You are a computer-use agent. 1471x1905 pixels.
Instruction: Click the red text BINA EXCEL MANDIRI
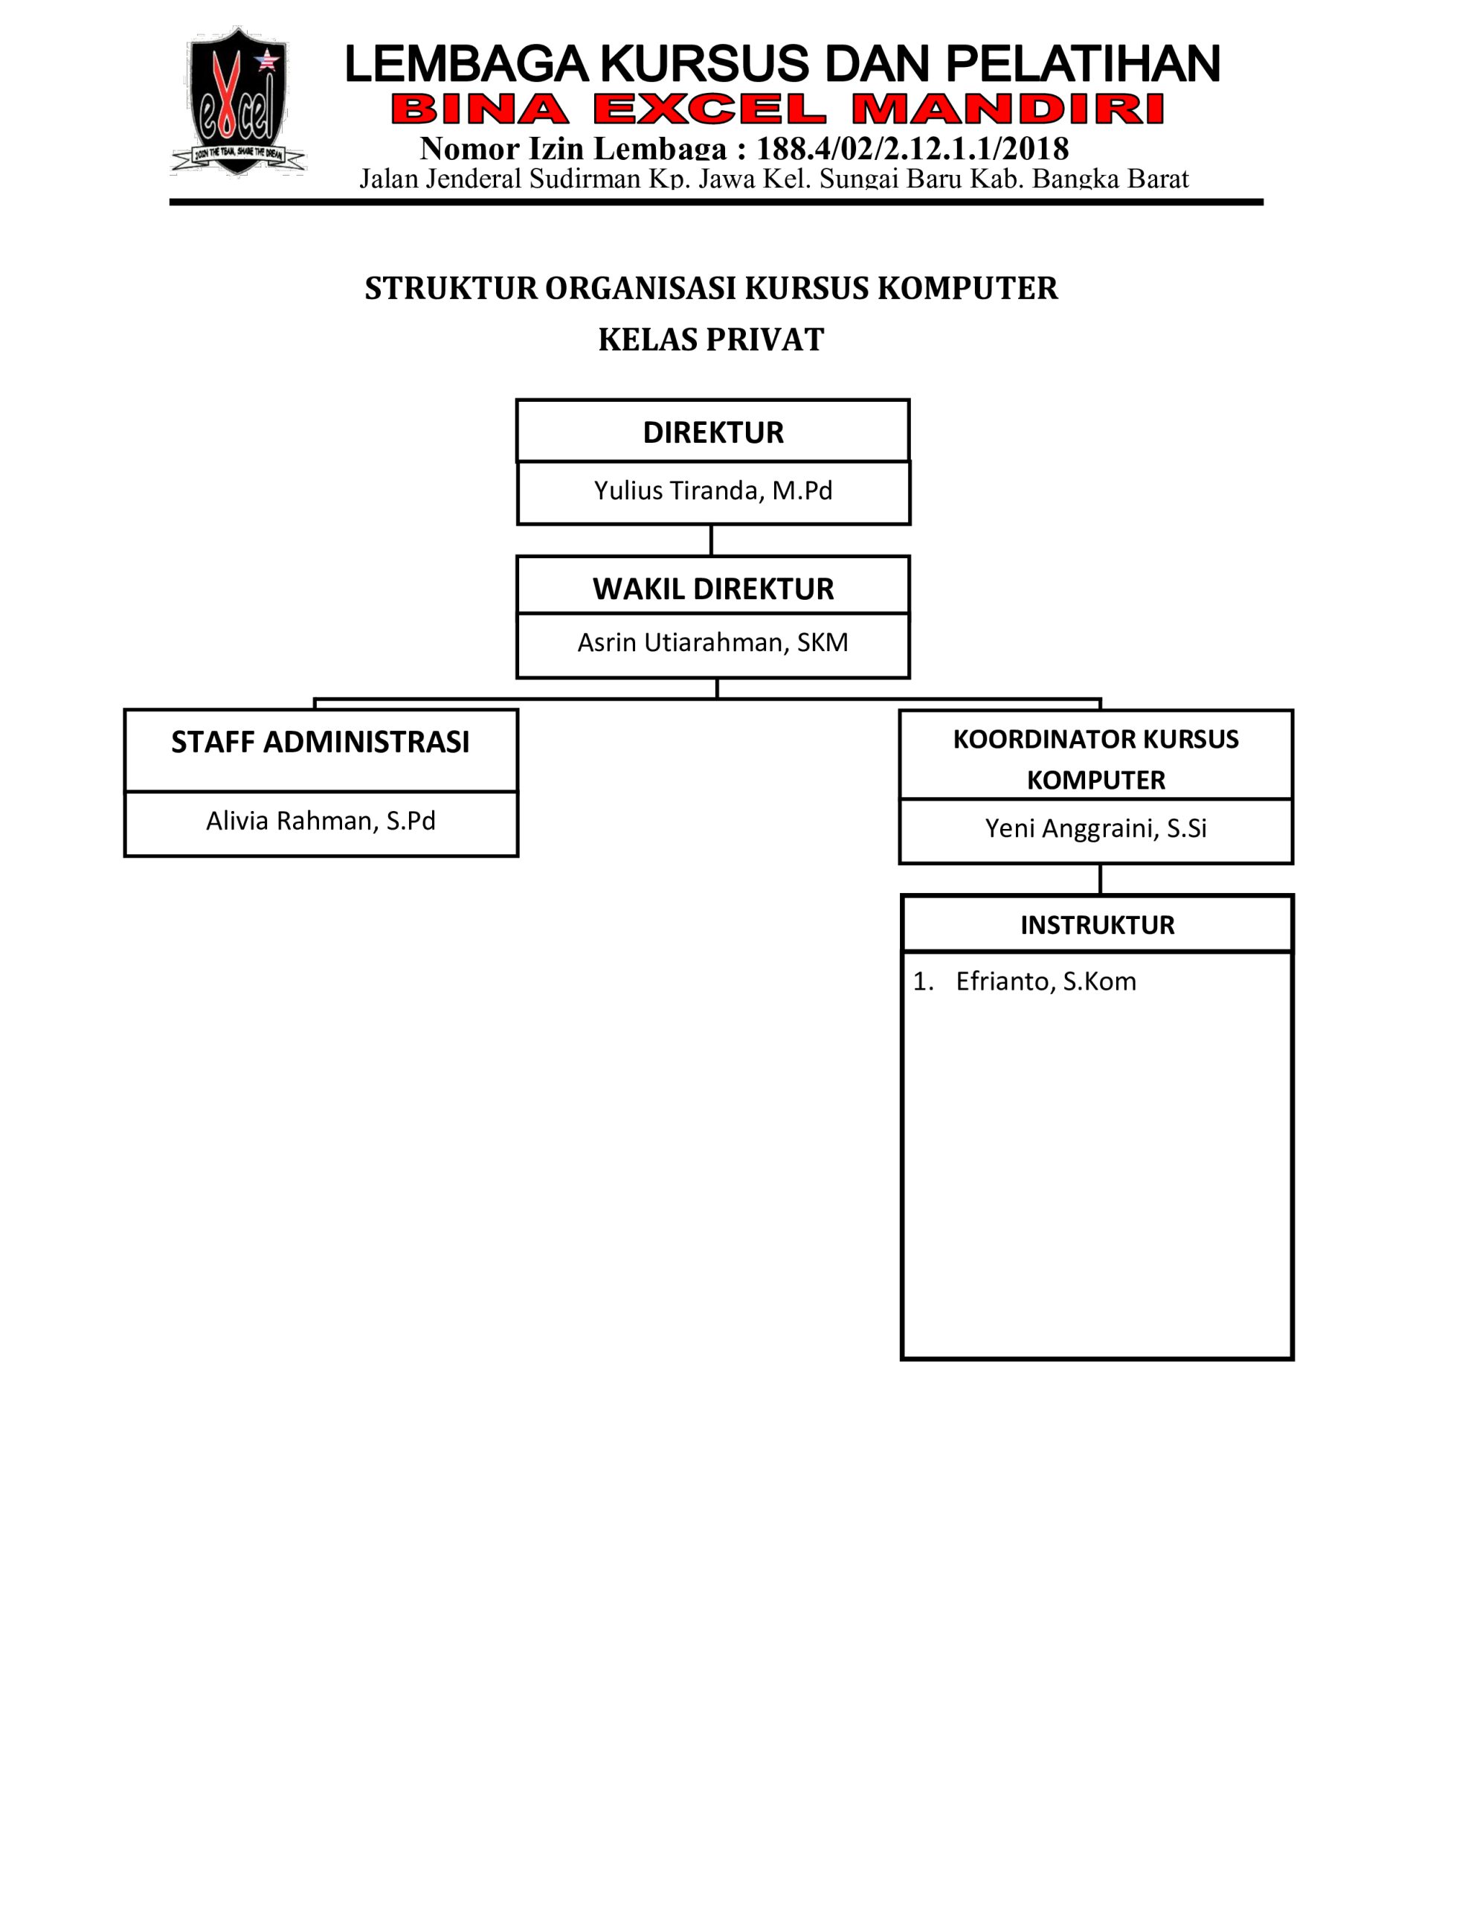pos(778,110)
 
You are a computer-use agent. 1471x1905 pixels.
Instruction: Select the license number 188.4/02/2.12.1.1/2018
pos(912,149)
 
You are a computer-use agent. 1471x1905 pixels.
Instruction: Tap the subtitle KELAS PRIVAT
pos(711,339)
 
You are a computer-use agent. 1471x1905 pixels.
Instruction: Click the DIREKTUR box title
pos(713,432)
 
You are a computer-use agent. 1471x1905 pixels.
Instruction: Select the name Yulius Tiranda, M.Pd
pos(713,491)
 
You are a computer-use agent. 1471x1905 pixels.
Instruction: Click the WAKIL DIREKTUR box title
pos(713,589)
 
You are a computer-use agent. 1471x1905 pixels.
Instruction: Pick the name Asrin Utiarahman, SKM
pos(712,643)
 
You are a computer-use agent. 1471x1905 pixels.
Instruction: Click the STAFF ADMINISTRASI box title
pos(320,743)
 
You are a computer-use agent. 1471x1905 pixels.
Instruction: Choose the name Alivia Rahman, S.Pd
pos(321,821)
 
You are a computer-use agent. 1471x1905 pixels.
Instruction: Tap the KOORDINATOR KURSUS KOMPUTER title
pos(1096,759)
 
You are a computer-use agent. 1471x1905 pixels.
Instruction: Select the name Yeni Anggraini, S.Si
pos(1096,827)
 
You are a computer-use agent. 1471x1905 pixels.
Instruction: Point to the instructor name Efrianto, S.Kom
pos(1046,982)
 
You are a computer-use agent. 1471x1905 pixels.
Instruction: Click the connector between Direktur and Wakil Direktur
pos(712,541)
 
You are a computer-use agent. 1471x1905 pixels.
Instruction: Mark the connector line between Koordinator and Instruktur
pos(1101,880)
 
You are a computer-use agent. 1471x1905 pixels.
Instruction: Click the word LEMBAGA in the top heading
pos(467,65)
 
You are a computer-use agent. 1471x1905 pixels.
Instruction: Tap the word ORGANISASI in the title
pos(641,289)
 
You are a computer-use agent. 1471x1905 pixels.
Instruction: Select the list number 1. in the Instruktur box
pos(924,982)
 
